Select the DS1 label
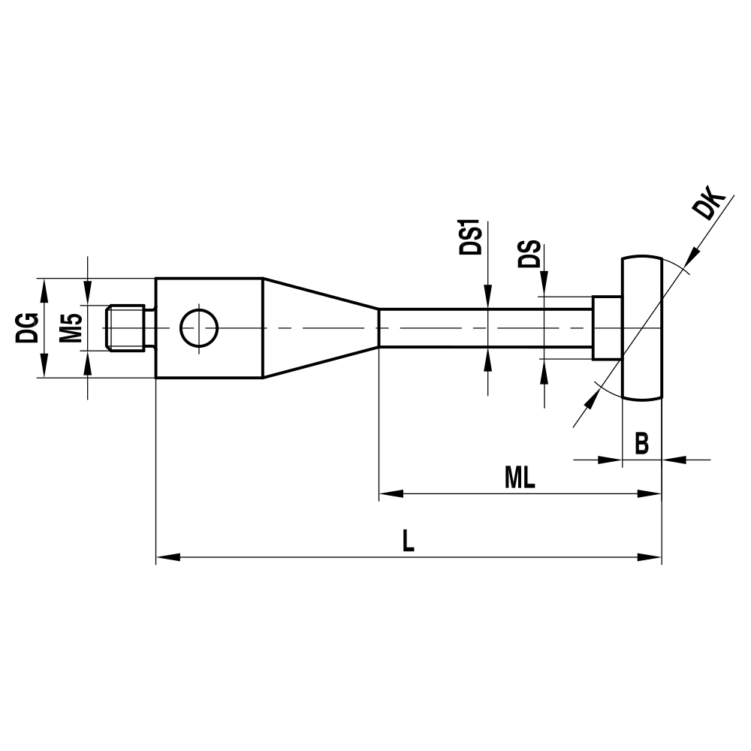tap(471, 239)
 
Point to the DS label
tap(529, 255)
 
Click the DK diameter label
tap(709, 206)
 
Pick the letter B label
tap(641, 444)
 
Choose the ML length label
tap(520, 478)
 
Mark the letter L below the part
tap(408, 541)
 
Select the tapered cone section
tap(319, 328)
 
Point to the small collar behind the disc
tap(608, 328)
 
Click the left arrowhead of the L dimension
tap(167, 557)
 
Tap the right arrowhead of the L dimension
tap(650, 557)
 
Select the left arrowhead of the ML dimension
tap(391, 493)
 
